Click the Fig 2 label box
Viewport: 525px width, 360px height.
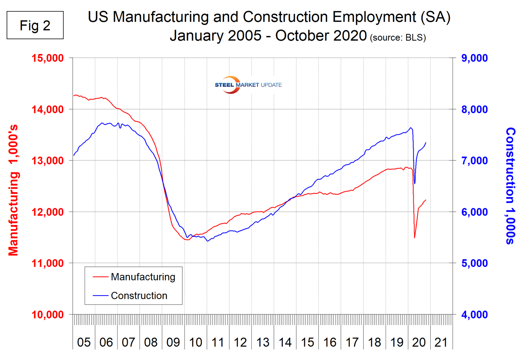35,25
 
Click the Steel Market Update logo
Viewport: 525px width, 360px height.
248,85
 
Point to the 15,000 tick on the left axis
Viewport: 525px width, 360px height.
48,58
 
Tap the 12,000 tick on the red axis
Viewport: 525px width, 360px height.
48,212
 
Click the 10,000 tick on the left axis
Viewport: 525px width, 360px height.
48,315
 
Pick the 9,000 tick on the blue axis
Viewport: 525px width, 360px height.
474,58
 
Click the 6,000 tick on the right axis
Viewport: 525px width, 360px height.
474,212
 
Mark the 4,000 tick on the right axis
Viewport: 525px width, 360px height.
474,315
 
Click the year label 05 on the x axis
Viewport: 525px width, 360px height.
84,342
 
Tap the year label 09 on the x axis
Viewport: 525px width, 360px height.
173,342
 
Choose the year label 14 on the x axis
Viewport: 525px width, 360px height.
285,342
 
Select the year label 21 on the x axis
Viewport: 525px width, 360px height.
441,342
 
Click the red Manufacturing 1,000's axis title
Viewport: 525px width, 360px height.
13,191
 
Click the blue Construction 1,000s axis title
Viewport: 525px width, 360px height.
511,186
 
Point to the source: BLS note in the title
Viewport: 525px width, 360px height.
398,38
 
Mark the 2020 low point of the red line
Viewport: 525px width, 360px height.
415,238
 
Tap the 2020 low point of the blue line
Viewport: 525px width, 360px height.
415,183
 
